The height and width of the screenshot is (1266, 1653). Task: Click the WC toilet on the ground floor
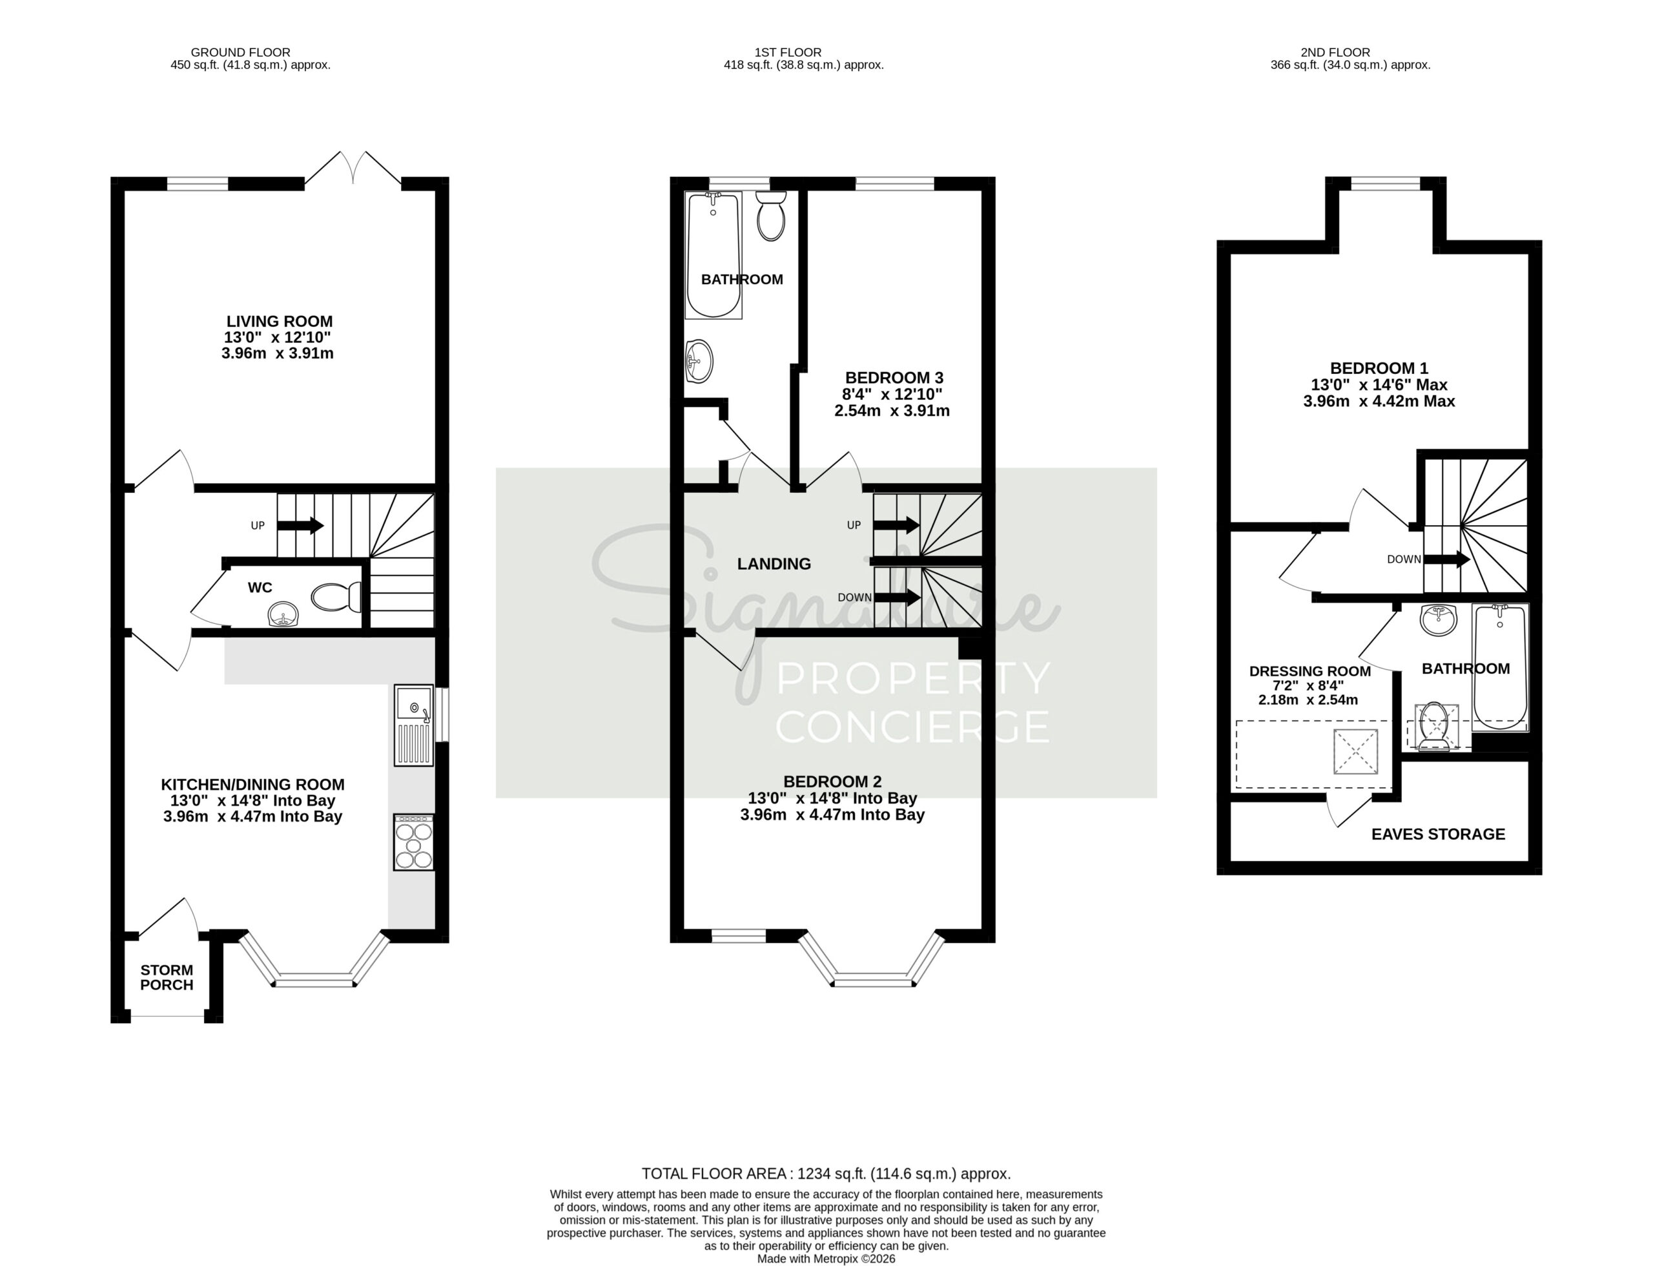click(336, 597)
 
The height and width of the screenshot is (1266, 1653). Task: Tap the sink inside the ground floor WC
click(284, 614)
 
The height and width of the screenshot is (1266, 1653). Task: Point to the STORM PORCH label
click(167, 977)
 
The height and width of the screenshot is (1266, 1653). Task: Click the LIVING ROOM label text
click(280, 321)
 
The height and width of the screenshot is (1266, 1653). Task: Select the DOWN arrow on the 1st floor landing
click(897, 597)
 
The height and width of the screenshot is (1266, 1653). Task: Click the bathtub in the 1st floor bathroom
click(714, 254)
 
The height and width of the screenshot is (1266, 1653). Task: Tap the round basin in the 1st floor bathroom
click(699, 361)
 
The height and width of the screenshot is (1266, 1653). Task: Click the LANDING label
click(774, 564)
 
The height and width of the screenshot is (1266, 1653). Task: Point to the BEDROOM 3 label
click(894, 377)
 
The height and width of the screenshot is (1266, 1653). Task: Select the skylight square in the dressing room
click(1355, 751)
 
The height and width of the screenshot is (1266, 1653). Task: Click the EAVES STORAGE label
click(1438, 835)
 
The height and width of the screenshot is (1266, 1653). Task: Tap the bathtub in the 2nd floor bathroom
click(1500, 667)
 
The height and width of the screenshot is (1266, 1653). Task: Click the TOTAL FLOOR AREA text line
click(826, 1173)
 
